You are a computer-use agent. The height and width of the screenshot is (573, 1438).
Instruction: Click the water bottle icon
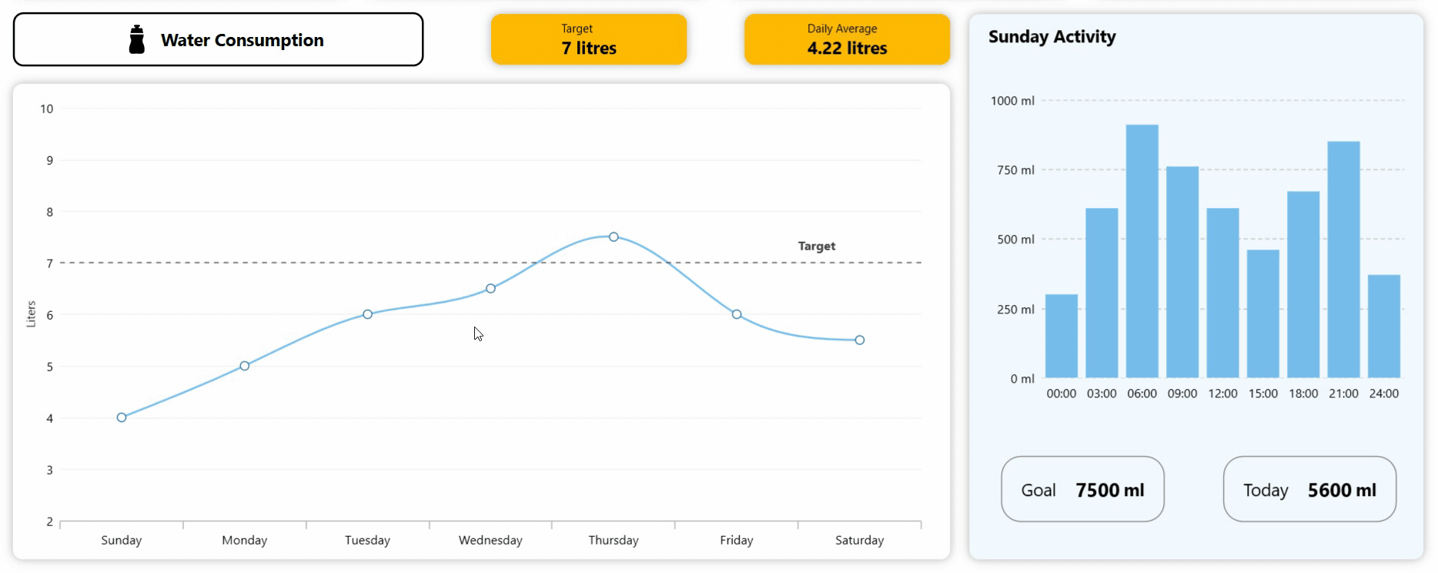tap(137, 40)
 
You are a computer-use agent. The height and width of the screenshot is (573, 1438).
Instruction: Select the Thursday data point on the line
tap(614, 237)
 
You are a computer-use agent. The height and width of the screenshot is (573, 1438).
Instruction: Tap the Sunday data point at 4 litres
tap(122, 417)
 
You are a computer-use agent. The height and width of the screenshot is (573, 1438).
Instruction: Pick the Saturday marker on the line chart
tap(860, 340)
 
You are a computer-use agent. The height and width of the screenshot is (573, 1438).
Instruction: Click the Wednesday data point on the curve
tap(490, 289)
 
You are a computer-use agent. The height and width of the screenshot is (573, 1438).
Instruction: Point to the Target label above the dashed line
tap(816, 246)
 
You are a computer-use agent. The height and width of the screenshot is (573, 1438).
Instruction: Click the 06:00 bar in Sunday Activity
tap(1142, 251)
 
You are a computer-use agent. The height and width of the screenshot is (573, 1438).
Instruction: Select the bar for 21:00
tap(1343, 260)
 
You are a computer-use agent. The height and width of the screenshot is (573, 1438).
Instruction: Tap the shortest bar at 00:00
tap(1062, 336)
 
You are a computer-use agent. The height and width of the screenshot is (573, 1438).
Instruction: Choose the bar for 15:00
tap(1262, 313)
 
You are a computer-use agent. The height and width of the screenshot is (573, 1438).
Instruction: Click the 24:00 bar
tap(1383, 326)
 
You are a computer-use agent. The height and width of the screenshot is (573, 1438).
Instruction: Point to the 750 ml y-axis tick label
tap(1015, 170)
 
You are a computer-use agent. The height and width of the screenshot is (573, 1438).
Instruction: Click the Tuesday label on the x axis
tap(367, 541)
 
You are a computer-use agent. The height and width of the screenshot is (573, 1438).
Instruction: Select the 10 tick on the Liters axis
tap(47, 109)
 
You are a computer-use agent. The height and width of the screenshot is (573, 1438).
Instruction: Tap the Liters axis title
tap(32, 314)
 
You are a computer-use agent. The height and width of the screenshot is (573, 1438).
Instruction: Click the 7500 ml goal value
tap(1109, 491)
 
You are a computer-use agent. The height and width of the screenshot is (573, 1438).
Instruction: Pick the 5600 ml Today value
tap(1342, 491)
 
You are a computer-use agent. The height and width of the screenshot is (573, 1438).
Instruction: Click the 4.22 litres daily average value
tap(847, 49)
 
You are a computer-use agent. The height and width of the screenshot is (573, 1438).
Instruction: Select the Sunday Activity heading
tap(1052, 37)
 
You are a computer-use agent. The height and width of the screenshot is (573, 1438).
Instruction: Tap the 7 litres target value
tap(589, 49)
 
